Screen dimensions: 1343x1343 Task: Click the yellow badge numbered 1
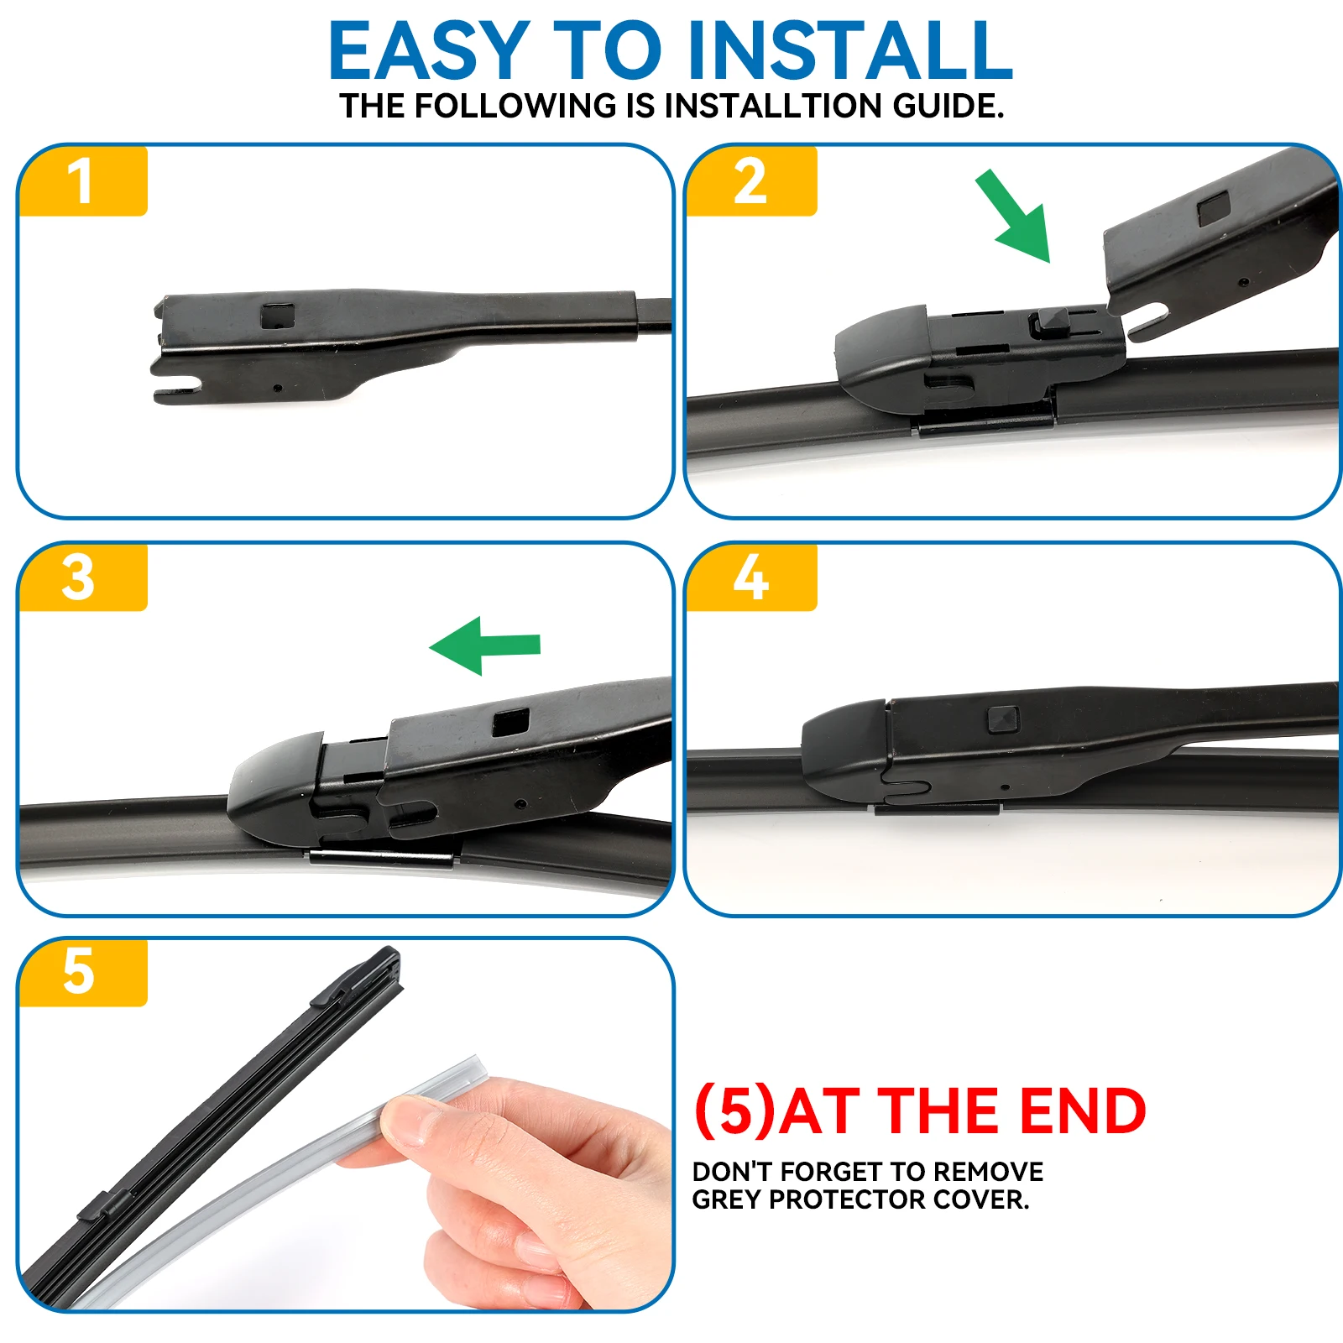coord(82,181)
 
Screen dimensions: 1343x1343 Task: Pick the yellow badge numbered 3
coord(81,577)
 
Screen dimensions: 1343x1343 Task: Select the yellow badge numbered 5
coord(81,972)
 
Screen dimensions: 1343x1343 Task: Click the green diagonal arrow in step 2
coord(1015,217)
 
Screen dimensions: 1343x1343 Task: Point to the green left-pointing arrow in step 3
coord(485,645)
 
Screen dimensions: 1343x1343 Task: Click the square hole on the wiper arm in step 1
coord(278,316)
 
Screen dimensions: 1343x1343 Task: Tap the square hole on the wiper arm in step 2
coord(1213,208)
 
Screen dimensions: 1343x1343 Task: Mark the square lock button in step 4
coord(1003,719)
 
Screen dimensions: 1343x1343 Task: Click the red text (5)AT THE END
coord(920,1111)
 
